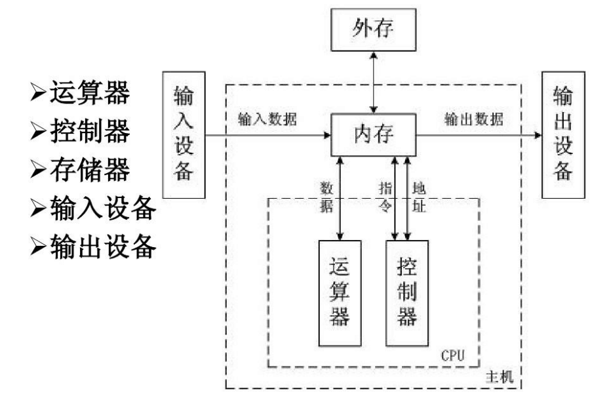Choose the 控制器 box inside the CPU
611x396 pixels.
click(x=406, y=292)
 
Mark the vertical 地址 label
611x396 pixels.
click(x=419, y=195)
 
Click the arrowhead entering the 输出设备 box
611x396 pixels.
click(x=538, y=136)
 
